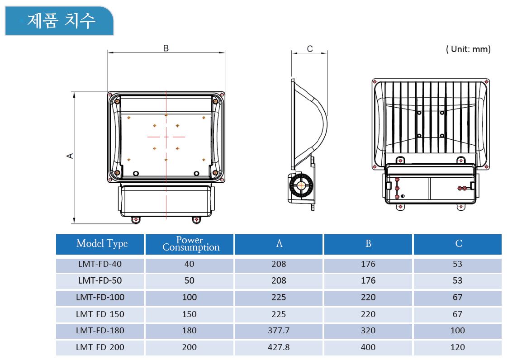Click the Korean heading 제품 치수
click(62, 20)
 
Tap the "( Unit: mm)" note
click(468, 49)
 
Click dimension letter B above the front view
click(166, 48)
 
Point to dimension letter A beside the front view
click(70, 156)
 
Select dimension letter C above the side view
click(309, 49)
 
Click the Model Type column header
click(102, 244)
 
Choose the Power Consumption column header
click(191, 244)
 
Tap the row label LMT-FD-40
click(100, 264)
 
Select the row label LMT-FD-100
click(100, 298)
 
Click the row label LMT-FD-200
click(100, 347)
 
